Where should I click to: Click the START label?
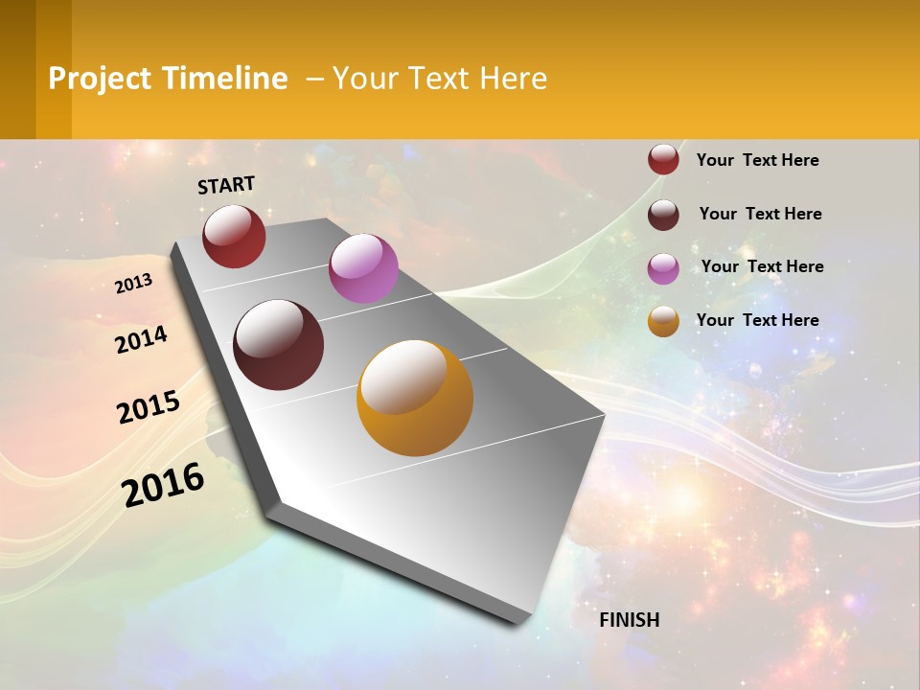click(x=226, y=185)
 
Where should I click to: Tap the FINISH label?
click(x=630, y=620)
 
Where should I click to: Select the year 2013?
click(x=134, y=284)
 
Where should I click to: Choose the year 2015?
click(x=149, y=407)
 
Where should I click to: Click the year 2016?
click(x=163, y=484)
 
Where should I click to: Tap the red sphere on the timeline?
click(x=234, y=237)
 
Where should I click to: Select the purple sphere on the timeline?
click(x=363, y=268)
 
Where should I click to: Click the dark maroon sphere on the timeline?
click(x=279, y=345)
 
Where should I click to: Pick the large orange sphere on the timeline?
click(x=415, y=398)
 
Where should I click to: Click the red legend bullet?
click(x=663, y=160)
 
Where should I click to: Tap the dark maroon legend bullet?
click(x=663, y=215)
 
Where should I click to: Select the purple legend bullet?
click(x=663, y=267)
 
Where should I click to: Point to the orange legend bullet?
click(x=663, y=321)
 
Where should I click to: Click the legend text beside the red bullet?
click(x=758, y=160)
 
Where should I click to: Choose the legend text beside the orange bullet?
click(x=758, y=320)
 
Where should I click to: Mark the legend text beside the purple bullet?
click(x=763, y=266)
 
